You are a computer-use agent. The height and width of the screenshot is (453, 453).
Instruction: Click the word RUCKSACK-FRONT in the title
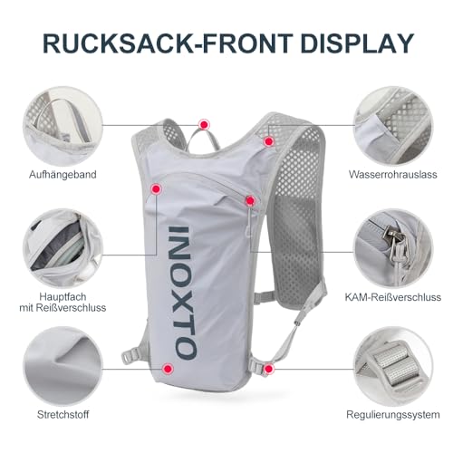pos(168,43)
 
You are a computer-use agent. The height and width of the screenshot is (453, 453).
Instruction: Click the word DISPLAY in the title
pos(357,43)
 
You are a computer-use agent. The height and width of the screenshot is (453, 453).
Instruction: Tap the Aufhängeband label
pos(63,175)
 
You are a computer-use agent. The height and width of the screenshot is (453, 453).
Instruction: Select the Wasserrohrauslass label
pos(393,174)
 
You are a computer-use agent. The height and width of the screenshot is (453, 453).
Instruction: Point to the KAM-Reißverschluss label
pos(393,297)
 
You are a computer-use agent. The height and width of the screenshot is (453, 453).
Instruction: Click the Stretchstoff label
pos(63,414)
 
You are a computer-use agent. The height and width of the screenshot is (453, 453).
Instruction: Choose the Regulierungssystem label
pos(393,415)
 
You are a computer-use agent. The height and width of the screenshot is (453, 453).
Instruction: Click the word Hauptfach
pos(63,297)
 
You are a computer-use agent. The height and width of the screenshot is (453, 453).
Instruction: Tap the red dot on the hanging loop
pos(204,124)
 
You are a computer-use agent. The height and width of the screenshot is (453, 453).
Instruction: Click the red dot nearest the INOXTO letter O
pos(168,369)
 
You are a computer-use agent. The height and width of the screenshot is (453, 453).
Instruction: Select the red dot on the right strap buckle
pos(268,369)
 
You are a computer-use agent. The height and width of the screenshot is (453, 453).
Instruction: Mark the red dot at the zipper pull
pos(250,200)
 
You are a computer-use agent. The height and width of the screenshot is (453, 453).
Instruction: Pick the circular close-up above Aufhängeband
pos(63,125)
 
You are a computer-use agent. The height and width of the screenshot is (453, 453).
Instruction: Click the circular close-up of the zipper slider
pos(393,247)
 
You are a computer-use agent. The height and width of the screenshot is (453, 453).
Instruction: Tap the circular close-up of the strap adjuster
pos(393,366)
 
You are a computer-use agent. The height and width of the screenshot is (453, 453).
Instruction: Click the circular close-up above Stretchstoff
pos(63,366)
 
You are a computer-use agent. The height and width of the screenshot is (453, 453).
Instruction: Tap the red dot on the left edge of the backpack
pos(156,189)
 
